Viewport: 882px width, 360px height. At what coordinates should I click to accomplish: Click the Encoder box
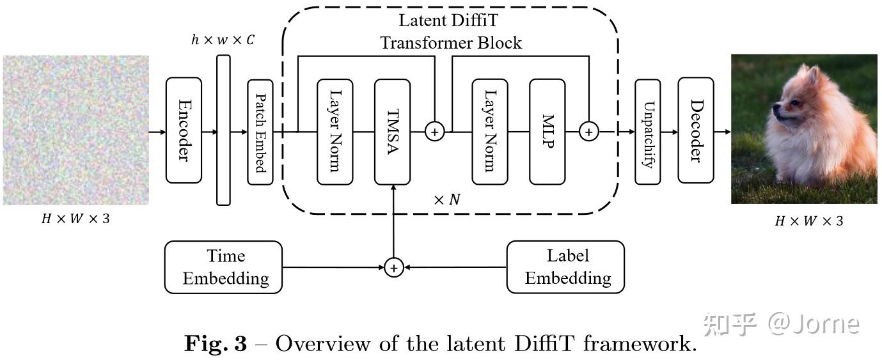[x=184, y=131]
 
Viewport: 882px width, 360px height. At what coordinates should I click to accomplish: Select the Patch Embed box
[x=260, y=132]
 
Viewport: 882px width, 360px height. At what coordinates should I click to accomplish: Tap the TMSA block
[x=392, y=132]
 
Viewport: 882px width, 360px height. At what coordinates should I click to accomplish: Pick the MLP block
[x=547, y=132]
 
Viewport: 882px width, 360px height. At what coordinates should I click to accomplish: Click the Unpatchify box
[x=647, y=132]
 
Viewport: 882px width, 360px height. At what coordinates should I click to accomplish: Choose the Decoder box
[x=695, y=131]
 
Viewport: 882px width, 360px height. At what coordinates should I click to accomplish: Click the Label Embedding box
[x=565, y=267]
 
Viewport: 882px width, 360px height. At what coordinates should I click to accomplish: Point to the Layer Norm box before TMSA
[x=335, y=132]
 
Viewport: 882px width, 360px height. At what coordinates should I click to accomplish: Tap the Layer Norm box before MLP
[x=489, y=132]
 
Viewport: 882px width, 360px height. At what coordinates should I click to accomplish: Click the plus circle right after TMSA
[x=435, y=132]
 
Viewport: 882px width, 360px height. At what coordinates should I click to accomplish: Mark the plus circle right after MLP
[x=588, y=132]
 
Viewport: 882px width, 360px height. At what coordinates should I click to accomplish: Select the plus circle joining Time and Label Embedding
[x=393, y=267]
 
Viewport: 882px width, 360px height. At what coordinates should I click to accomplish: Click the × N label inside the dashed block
[x=446, y=200]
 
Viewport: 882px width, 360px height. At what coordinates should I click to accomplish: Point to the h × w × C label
[x=223, y=40]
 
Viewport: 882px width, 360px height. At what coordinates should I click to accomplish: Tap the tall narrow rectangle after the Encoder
[x=223, y=130]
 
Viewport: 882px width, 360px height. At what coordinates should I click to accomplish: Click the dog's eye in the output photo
[x=795, y=102]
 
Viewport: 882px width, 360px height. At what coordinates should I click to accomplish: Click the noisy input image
[x=75, y=130]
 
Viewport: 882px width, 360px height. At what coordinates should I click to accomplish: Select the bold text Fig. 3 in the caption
[x=216, y=344]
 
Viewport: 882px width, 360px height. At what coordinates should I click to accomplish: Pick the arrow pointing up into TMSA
[x=393, y=217]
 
